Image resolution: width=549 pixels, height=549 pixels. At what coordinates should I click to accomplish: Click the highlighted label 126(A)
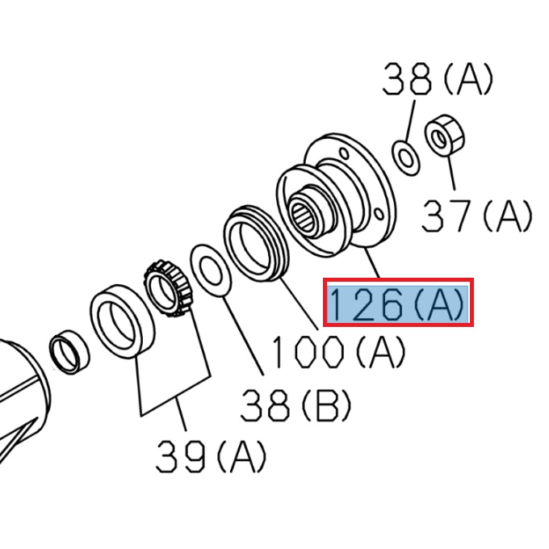[397, 303]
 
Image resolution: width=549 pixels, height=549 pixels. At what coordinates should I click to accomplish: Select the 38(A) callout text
[437, 80]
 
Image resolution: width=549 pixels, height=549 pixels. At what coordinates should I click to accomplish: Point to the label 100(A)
[337, 351]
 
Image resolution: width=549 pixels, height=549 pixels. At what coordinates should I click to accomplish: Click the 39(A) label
[211, 457]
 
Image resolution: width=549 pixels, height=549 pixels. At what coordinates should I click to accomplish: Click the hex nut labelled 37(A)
[442, 139]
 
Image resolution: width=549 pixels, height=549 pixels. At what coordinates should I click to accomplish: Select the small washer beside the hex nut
[405, 155]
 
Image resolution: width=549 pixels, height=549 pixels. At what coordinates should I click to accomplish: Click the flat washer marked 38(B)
[211, 274]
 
